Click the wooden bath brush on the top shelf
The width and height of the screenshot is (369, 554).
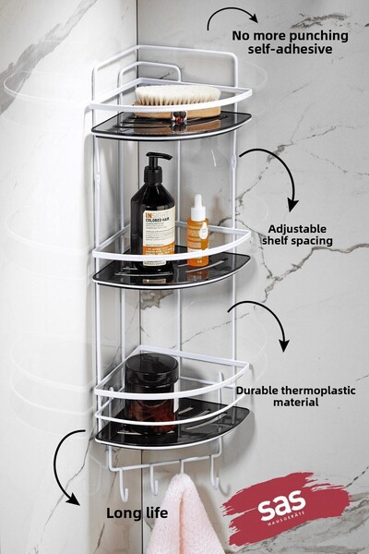[177, 99]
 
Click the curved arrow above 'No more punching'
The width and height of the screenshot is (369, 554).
[232, 15]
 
